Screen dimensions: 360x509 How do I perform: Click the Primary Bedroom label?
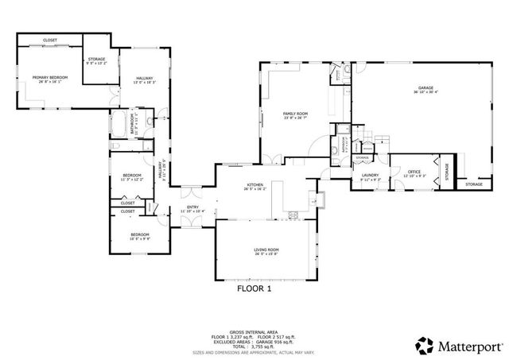click(50, 77)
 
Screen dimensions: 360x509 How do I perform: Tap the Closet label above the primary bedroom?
click(50, 40)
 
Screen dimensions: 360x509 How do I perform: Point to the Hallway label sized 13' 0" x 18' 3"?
click(144, 77)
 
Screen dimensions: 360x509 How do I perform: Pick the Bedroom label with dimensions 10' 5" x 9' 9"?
click(140, 234)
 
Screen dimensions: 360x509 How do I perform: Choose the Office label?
click(414, 172)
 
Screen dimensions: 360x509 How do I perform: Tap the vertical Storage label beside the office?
click(447, 172)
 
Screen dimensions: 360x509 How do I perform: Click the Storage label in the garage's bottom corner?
click(473, 184)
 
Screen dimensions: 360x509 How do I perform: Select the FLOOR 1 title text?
click(254, 289)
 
